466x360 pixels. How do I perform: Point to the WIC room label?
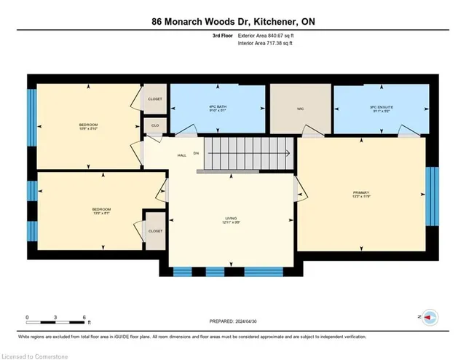coord(299,110)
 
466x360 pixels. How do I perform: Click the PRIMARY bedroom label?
coord(362,194)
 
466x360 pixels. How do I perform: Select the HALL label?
coord(181,154)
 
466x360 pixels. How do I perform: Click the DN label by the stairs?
coord(197,154)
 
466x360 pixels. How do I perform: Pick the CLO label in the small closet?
coord(154,125)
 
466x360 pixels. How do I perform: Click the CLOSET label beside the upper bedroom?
coord(155,98)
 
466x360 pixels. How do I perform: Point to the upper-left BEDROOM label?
coord(88,125)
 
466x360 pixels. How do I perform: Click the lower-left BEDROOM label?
coord(88,211)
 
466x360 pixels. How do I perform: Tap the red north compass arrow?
coord(430,317)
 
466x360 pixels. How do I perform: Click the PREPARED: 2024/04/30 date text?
coord(233,321)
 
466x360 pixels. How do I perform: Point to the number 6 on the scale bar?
coord(84,318)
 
